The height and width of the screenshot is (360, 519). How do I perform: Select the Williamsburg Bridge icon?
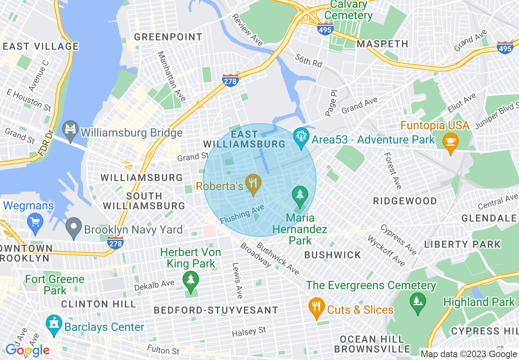(71, 130)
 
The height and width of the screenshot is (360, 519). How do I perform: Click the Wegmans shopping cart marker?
(35, 221)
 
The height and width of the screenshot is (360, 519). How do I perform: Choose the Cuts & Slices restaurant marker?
(316, 309)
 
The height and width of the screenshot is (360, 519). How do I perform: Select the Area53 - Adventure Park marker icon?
(301, 138)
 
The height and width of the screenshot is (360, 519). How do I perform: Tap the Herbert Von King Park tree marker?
(190, 281)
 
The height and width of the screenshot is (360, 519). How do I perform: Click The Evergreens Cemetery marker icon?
(417, 303)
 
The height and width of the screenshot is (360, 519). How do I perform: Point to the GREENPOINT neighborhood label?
(168, 37)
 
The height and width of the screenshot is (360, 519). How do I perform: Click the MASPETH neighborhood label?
(382, 44)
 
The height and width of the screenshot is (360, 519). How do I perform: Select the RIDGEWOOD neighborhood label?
(405, 201)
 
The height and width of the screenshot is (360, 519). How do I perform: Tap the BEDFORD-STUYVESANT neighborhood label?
(216, 310)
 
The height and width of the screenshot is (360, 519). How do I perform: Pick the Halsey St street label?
(249, 331)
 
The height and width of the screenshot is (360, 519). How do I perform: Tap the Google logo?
(27, 350)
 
